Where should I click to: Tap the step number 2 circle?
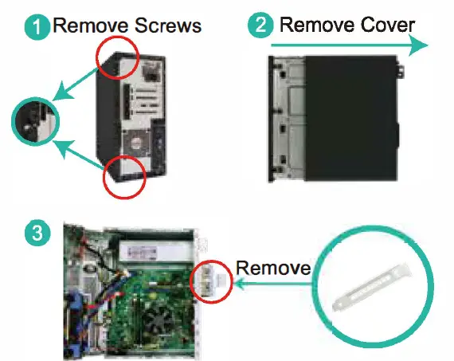260,26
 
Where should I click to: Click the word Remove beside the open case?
273,268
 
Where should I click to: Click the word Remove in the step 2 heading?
311,25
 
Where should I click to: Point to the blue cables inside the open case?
76,319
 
